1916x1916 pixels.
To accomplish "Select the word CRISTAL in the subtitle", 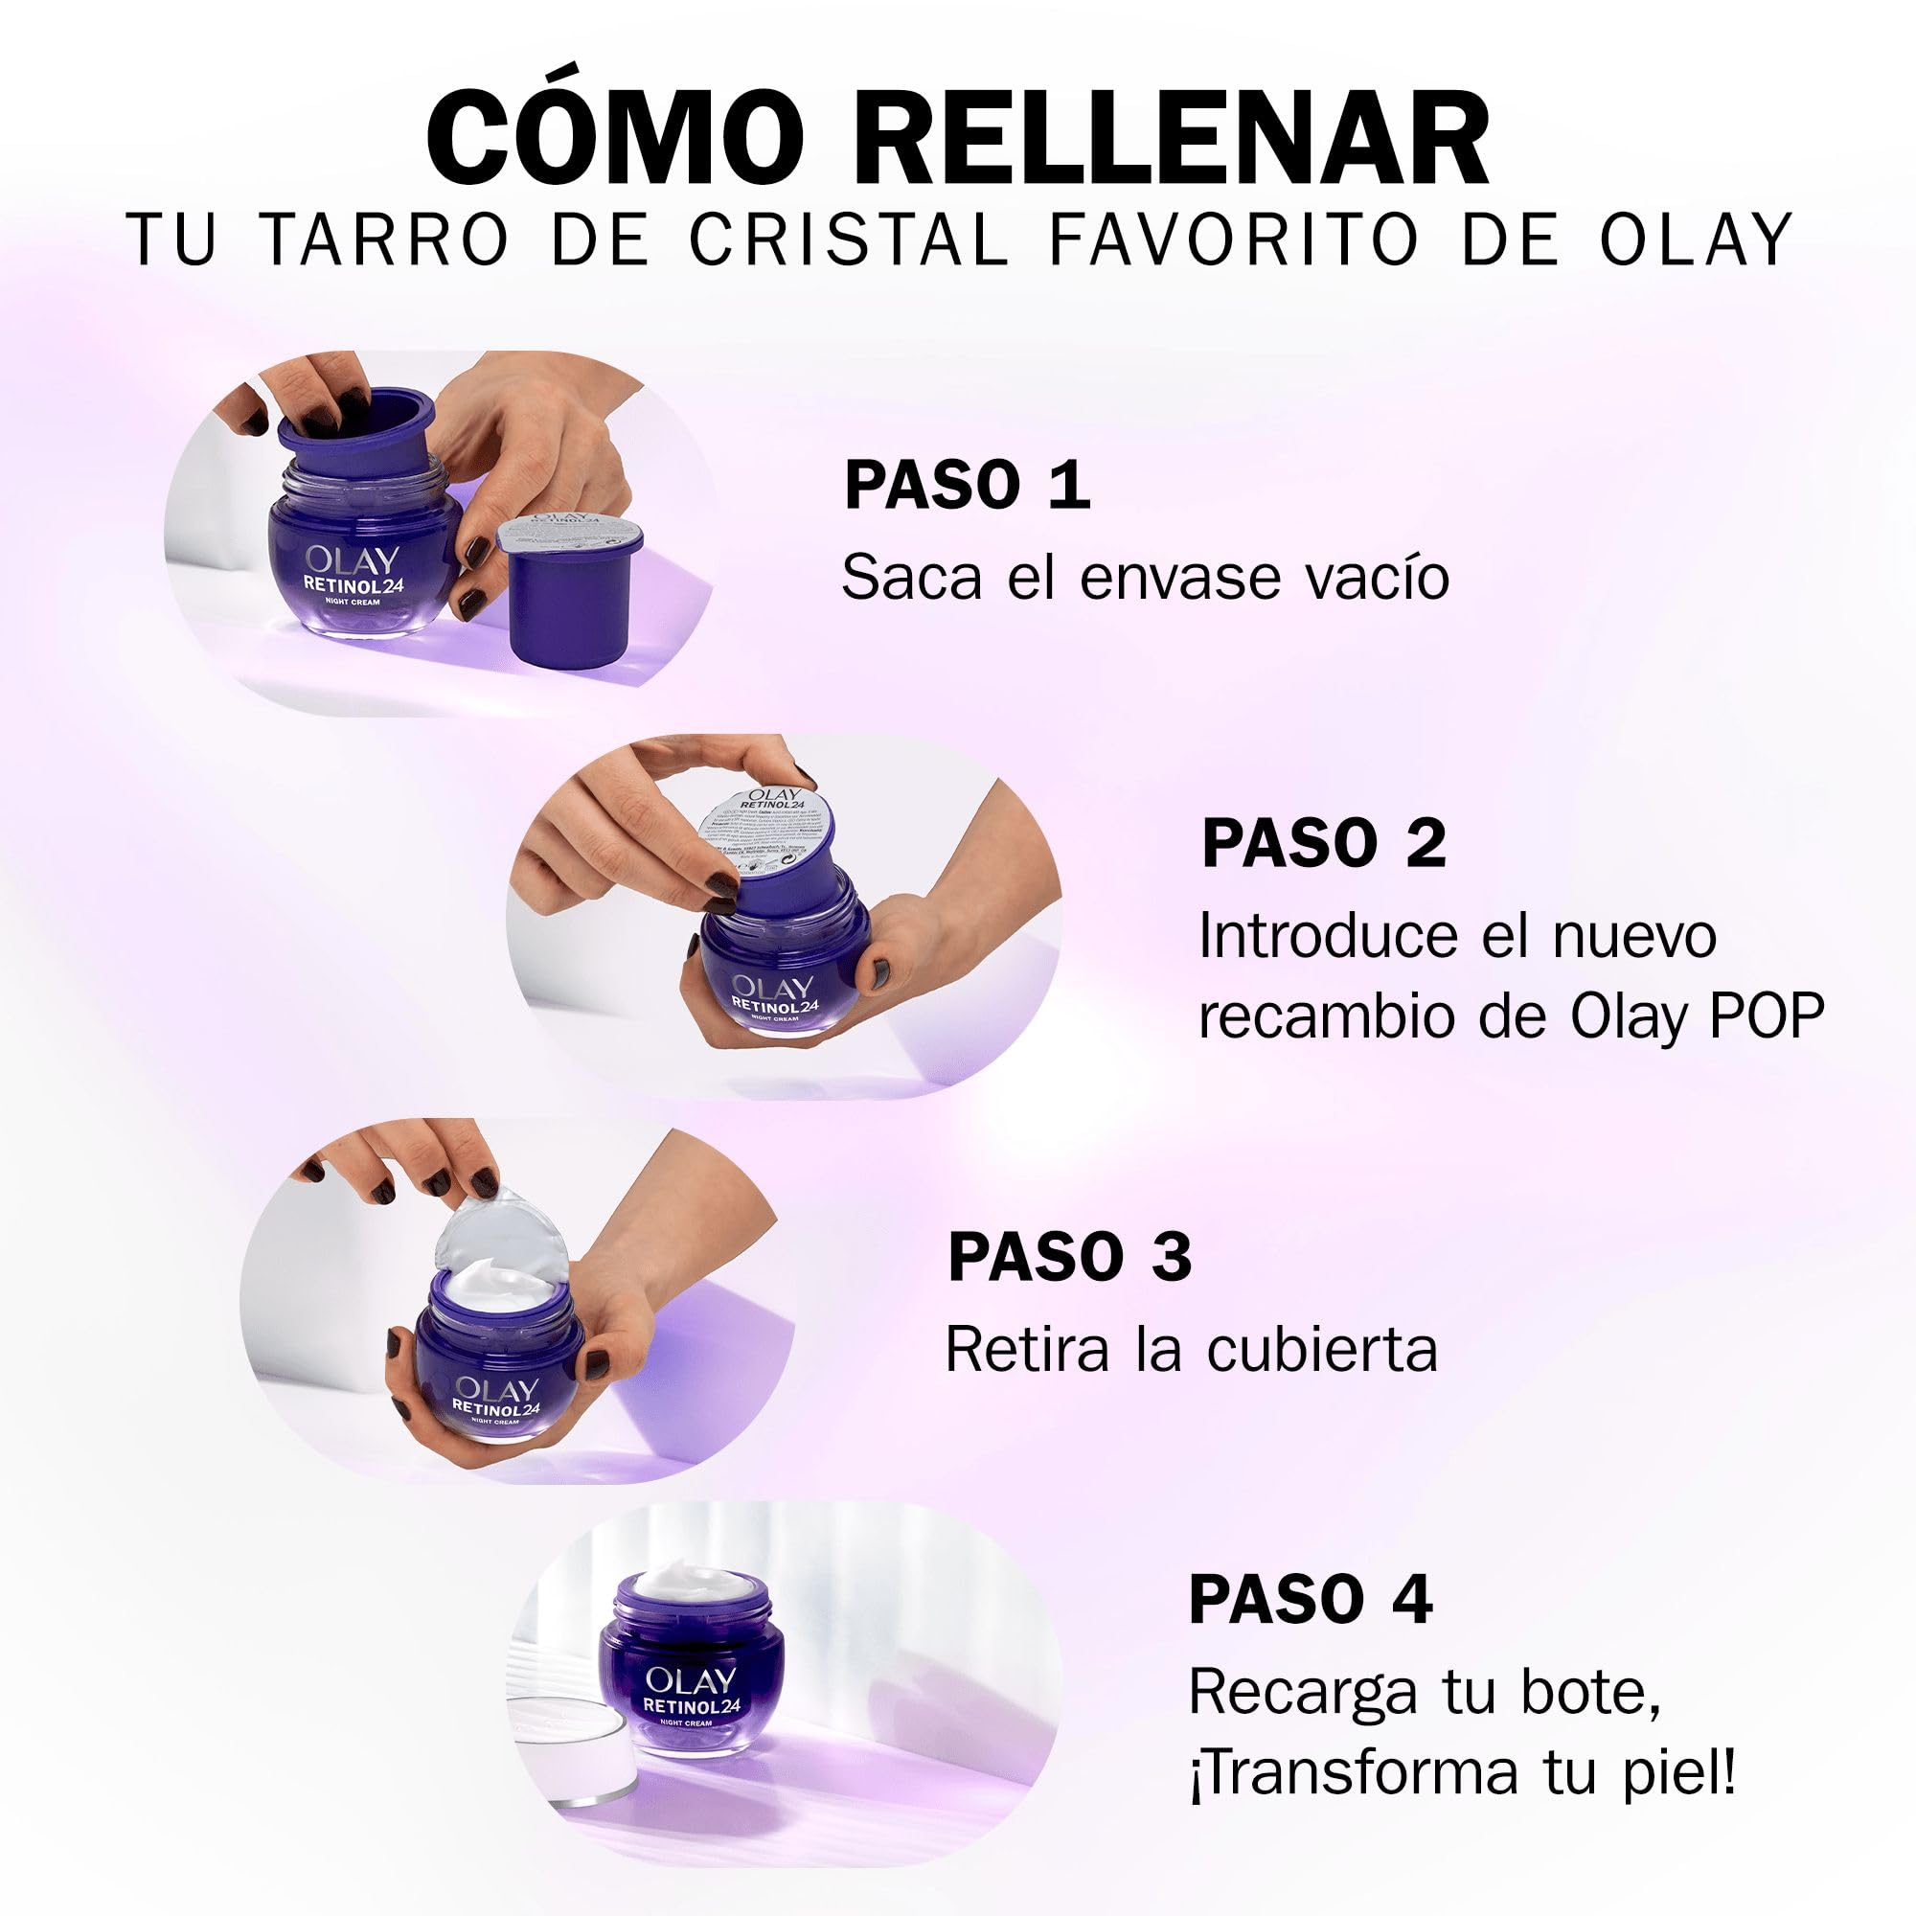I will [849, 240].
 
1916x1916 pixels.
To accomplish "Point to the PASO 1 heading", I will [967, 485].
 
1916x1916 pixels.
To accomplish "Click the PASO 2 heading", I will [1324, 843].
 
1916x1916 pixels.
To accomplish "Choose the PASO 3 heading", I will [1069, 1258].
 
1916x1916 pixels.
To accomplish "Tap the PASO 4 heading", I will [1310, 1600].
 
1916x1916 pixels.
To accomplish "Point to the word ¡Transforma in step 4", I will [1355, 1772].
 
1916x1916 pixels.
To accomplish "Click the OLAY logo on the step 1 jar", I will [352, 560].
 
